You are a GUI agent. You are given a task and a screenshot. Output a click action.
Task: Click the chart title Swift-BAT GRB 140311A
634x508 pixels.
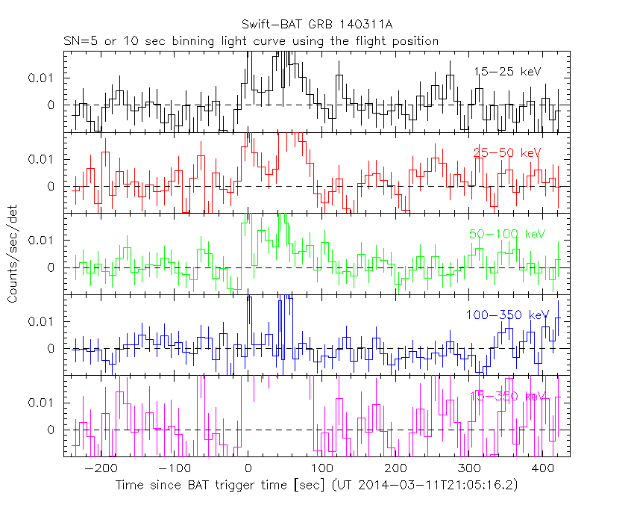pyautogui.click(x=316, y=25)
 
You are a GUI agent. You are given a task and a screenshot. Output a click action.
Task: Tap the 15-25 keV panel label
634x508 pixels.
pyautogui.click(x=506, y=72)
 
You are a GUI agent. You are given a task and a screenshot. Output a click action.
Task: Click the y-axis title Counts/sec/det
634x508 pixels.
pyautogui.click(x=13, y=253)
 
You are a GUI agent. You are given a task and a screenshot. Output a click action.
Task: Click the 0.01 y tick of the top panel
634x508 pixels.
pyautogui.click(x=42, y=78)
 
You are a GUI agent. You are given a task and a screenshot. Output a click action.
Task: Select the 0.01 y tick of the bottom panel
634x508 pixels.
pyautogui.click(x=42, y=402)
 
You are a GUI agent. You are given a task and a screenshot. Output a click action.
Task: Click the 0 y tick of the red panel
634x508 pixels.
pyautogui.click(x=51, y=186)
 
